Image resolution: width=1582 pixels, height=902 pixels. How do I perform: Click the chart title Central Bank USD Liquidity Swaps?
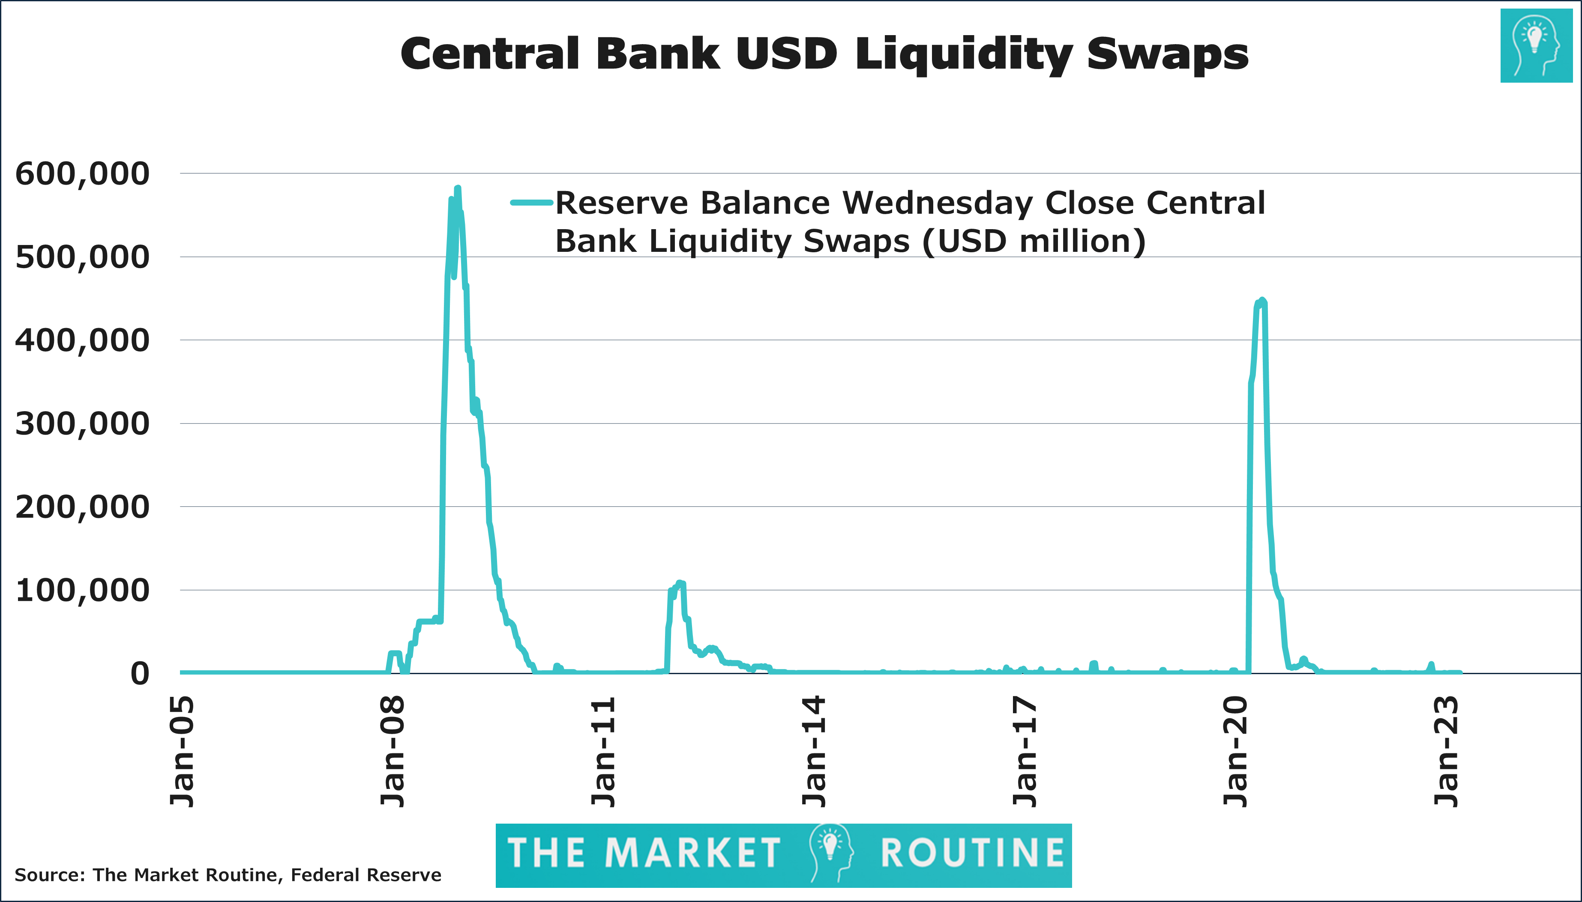(824, 54)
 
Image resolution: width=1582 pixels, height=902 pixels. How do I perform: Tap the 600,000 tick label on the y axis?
(82, 174)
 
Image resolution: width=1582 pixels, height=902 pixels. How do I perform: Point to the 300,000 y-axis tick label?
(82, 424)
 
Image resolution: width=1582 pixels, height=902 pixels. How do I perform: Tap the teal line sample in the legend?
(531, 203)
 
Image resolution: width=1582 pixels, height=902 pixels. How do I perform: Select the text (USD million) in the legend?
(1034, 242)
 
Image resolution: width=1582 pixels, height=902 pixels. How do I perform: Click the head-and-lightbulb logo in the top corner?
(1536, 46)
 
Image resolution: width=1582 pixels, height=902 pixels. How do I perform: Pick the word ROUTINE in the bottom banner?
(972, 854)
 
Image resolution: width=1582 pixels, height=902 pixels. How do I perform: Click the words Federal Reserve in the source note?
(366, 875)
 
